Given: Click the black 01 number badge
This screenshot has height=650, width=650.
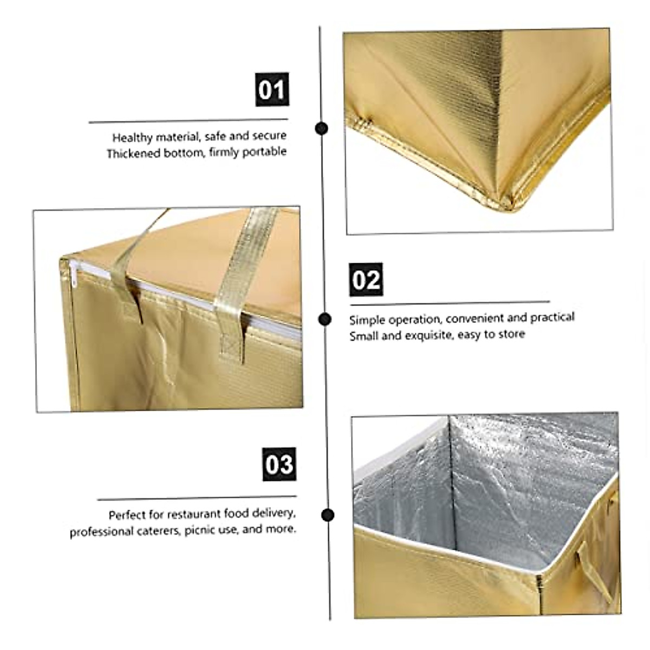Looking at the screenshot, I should (x=272, y=89).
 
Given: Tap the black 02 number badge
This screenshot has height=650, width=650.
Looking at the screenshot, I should (x=366, y=279).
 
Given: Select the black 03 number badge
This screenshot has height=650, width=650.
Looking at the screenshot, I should (x=279, y=464).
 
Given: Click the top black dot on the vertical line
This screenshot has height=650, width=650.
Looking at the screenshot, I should (x=322, y=128).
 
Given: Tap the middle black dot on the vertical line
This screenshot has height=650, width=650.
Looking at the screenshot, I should (x=324, y=319).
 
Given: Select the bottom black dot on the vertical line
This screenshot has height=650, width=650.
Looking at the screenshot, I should (x=328, y=515).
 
